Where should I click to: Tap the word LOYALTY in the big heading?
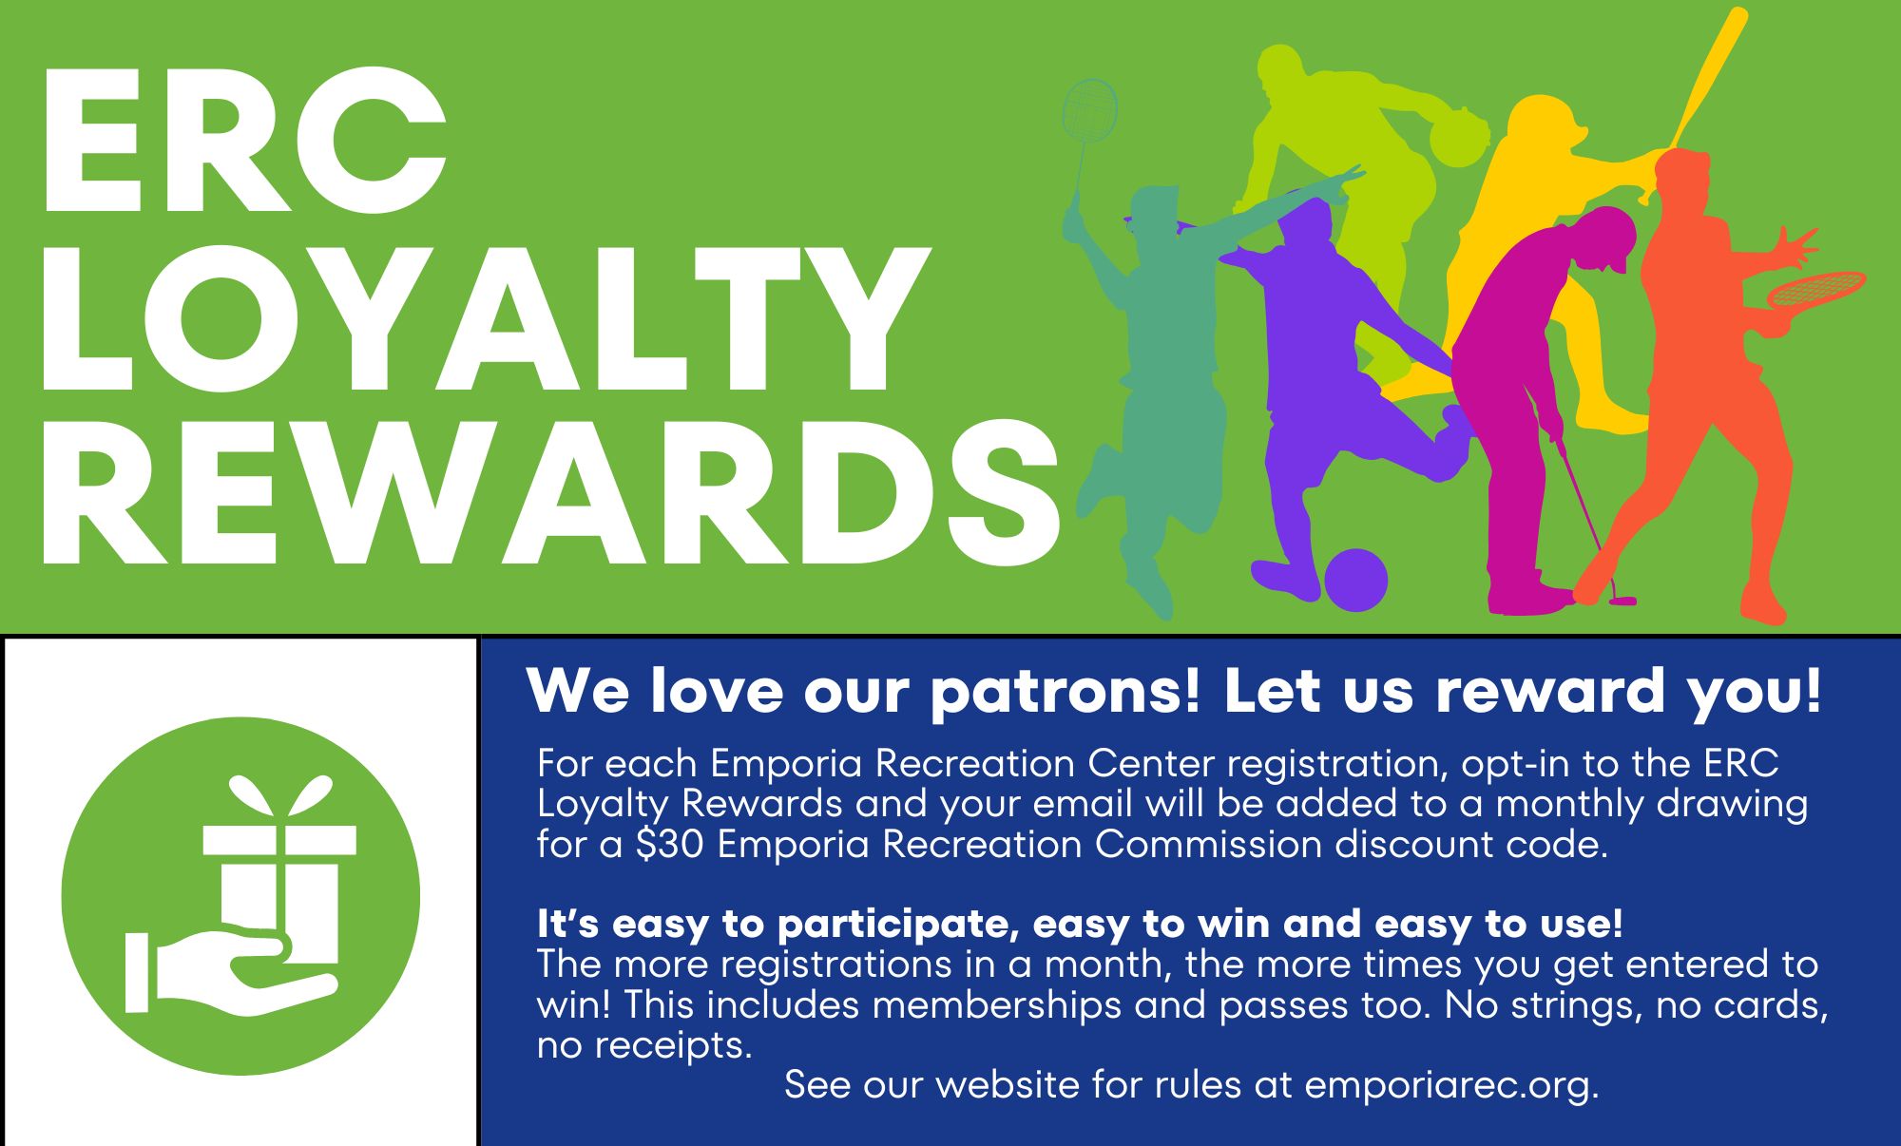click(x=485, y=318)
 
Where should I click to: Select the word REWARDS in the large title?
click(x=549, y=494)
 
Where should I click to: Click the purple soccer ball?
click(x=1355, y=580)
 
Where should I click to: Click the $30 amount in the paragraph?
click(x=669, y=845)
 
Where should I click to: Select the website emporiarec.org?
click(x=1450, y=1085)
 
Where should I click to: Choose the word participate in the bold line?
click(x=897, y=924)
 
